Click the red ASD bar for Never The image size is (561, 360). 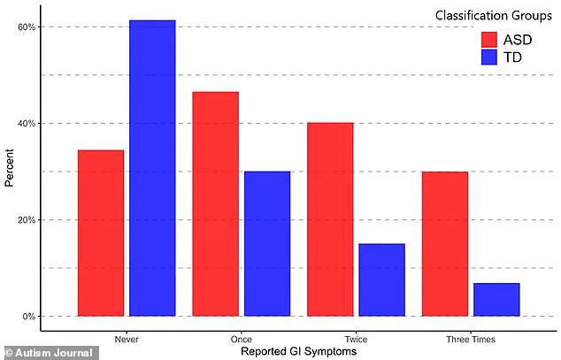point(101,233)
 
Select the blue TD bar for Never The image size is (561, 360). point(152,168)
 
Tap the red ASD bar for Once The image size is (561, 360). point(215,203)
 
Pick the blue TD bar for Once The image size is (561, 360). point(267,243)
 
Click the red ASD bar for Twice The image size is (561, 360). point(330,218)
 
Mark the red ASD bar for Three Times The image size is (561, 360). point(444,243)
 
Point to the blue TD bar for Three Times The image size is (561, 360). point(496,299)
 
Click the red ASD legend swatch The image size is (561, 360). point(490,40)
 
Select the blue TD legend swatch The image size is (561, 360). point(490,57)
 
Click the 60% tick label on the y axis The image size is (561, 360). point(26,27)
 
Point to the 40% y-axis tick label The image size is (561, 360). point(26,123)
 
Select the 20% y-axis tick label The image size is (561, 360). point(26,219)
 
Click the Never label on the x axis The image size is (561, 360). point(127,339)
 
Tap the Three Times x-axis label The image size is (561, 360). point(471,339)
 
